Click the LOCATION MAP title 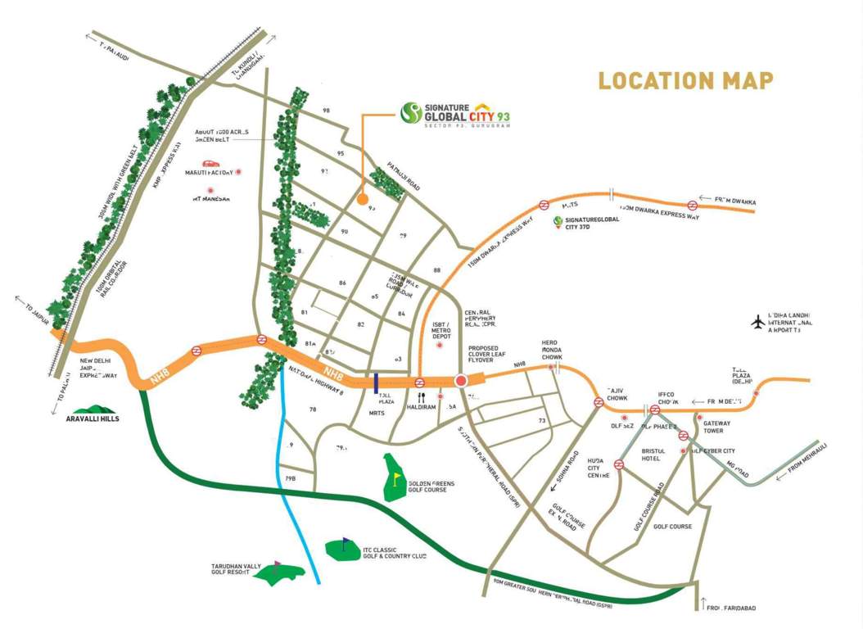pyautogui.click(x=685, y=81)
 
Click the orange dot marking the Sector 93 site pyautogui.click(x=362, y=197)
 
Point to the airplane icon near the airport pyautogui.click(x=757, y=322)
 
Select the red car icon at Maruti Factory pyautogui.click(x=211, y=164)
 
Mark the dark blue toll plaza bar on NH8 pyautogui.click(x=375, y=382)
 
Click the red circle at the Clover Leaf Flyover pyautogui.click(x=461, y=380)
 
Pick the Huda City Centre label pyautogui.click(x=599, y=468)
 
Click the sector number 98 pyautogui.click(x=326, y=111)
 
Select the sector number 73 pyautogui.click(x=542, y=421)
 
